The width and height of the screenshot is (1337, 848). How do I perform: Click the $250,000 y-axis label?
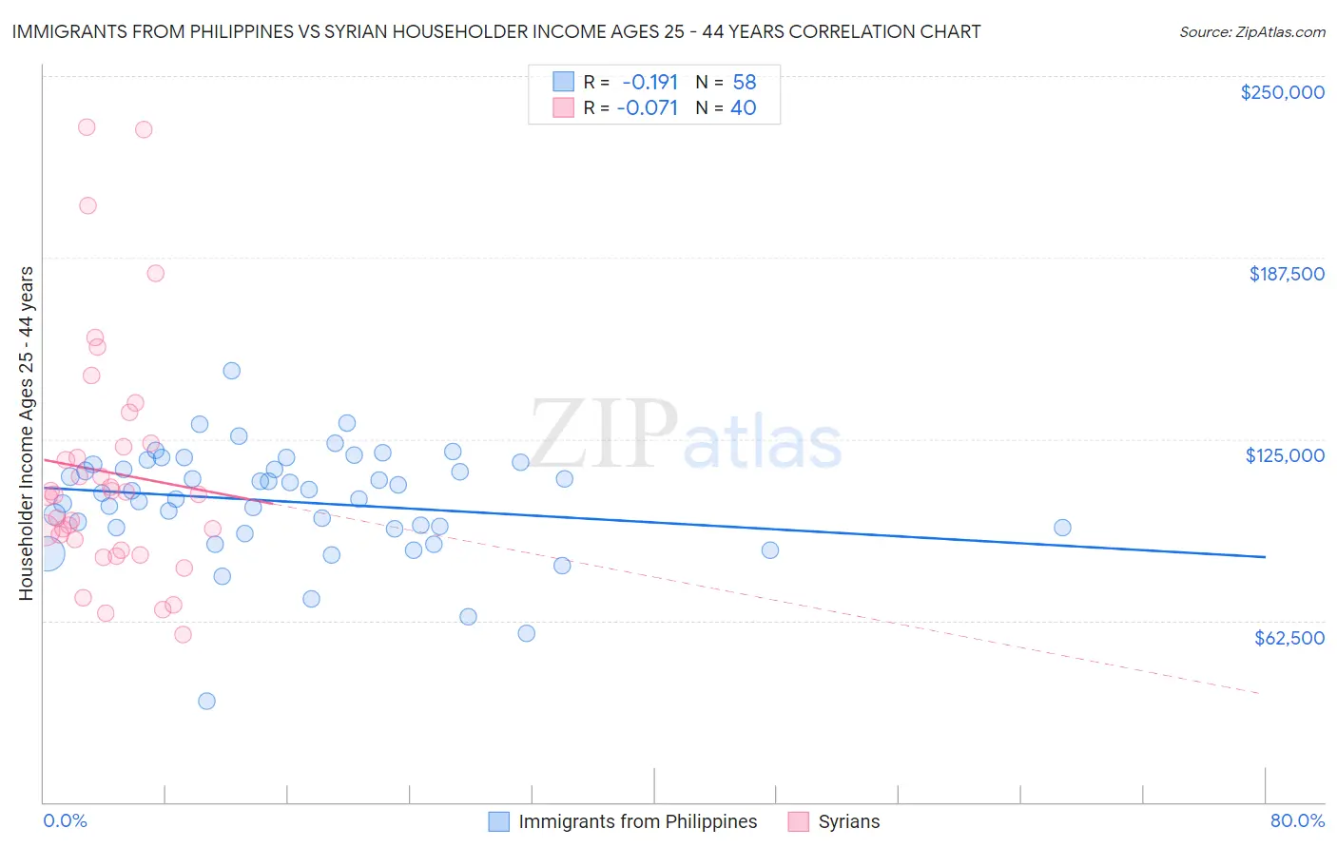tap(1282, 92)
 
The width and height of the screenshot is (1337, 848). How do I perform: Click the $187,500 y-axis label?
tap(1286, 274)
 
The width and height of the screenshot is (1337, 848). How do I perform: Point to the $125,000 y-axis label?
tap(1285, 455)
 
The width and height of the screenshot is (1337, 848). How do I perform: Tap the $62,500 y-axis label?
tap(1289, 638)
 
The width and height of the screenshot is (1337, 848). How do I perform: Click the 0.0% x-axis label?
tap(65, 820)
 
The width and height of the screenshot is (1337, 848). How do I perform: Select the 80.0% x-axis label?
tap(1297, 820)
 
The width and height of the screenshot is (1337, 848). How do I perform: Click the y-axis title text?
tap(26, 434)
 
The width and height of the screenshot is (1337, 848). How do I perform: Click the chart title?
tap(496, 31)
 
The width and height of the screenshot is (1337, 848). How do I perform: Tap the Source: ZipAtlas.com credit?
tap(1251, 31)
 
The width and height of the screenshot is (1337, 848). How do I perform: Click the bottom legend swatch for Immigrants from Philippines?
tap(499, 821)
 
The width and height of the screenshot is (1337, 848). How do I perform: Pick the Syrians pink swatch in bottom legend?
tap(799, 821)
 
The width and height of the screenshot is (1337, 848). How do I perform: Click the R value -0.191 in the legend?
tap(649, 82)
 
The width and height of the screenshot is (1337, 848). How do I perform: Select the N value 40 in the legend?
tap(743, 107)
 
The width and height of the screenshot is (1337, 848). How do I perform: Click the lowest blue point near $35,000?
tap(206, 701)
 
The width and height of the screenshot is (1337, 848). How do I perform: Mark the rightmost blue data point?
tap(1062, 528)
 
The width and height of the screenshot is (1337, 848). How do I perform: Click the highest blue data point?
tap(231, 371)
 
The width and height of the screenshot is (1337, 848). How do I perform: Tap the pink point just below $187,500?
tap(155, 273)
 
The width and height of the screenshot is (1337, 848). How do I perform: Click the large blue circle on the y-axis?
tap(47, 553)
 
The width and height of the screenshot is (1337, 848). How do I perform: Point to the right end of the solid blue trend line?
tap(1265, 557)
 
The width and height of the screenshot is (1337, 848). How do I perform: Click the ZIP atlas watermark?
tap(686, 435)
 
